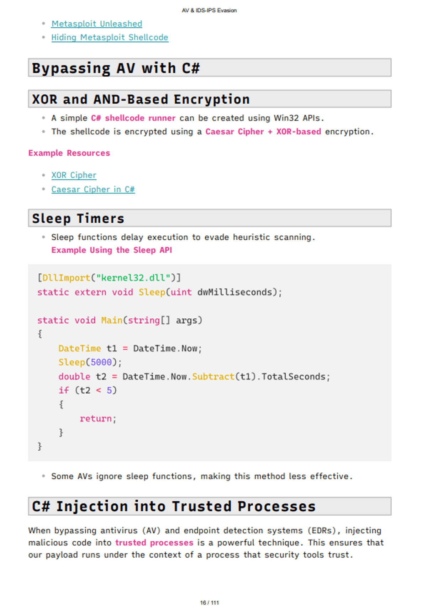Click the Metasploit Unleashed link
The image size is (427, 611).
[x=96, y=24]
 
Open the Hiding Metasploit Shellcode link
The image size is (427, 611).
[x=110, y=37]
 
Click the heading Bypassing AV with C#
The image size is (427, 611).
[x=116, y=68]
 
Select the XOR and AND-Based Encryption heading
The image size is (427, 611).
[x=141, y=99]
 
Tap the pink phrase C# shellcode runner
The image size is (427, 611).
[x=133, y=118]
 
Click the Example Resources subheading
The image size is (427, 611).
[x=69, y=153]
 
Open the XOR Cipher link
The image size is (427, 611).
[x=74, y=175]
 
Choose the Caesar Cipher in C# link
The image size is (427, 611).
[x=93, y=189]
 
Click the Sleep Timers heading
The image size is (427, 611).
[x=78, y=218]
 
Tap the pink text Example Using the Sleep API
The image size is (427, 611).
[x=111, y=250]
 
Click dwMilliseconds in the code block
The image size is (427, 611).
[x=234, y=292]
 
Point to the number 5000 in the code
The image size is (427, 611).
[x=101, y=362]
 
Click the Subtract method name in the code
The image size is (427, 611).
[x=213, y=377]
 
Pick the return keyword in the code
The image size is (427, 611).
[x=96, y=419]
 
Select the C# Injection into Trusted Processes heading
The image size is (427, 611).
[x=174, y=506]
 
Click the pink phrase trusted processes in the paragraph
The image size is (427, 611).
[x=154, y=543]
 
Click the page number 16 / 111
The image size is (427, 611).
[x=209, y=602]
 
